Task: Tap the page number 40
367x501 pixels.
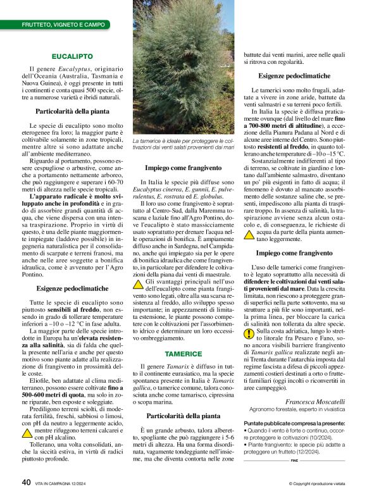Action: pyautogui.click(x=26, y=483)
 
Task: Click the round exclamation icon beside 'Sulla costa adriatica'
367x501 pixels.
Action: pyautogui.click(x=249, y=333)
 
